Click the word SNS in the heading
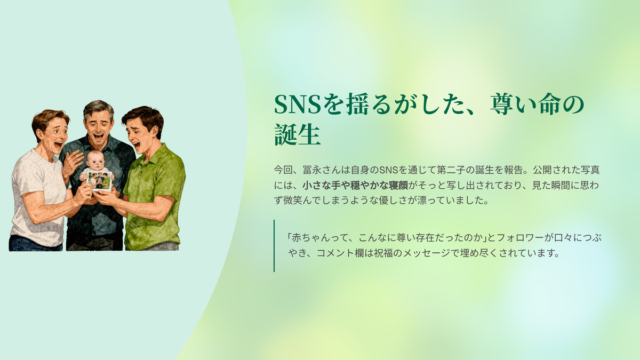point(298,104)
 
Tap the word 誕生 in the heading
point(298,134)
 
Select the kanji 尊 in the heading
point(503,104)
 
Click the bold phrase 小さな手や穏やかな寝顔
point(355,186)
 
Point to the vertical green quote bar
point(274,246)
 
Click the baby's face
point(95,161)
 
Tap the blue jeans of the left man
point(36,243)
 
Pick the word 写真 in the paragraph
point(590,170)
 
